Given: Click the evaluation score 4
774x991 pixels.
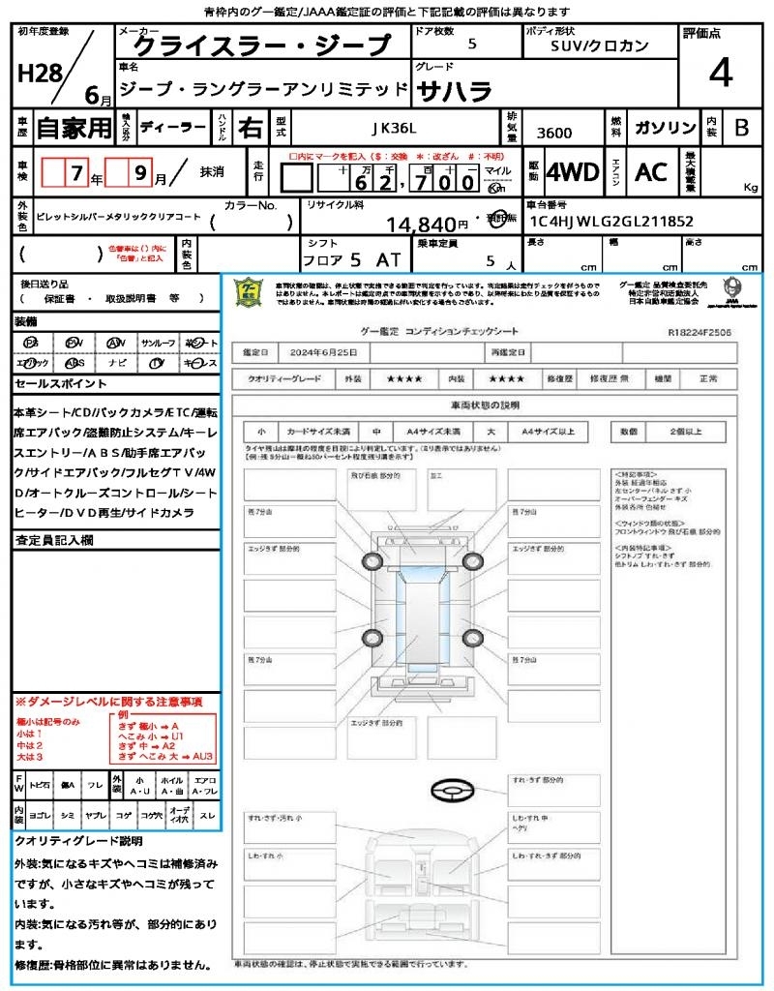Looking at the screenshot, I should coord(720,73).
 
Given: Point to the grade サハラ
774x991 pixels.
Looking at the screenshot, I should coord(454,91).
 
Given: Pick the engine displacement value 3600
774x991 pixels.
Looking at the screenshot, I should coord(554,134).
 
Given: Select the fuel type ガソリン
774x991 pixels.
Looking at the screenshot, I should coord(664,128).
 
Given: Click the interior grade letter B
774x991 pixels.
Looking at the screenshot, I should coord(741,128).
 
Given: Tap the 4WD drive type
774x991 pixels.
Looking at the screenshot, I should coord(573,172).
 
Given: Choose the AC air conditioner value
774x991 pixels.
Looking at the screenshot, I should coord(651,172).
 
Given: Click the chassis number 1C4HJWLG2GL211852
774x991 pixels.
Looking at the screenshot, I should coord(610,222).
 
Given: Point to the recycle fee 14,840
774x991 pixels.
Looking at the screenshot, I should coord(421,225).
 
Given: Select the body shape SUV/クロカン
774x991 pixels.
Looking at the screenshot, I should coord(600,45).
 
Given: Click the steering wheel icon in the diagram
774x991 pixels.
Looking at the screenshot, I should coord(452,791).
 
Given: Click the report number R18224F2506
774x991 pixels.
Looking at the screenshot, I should coord(699,332).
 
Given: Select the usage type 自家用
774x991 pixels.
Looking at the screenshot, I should coord(74,128).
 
